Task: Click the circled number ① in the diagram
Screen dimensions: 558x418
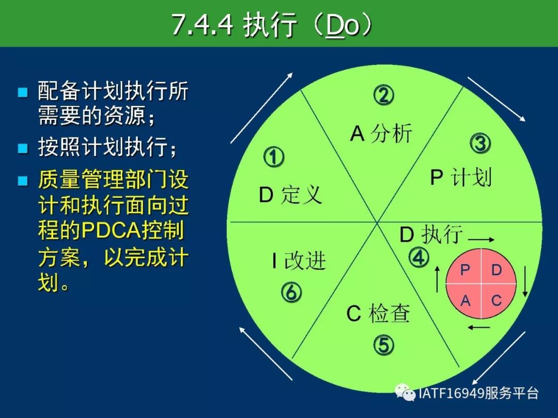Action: pos(274,157)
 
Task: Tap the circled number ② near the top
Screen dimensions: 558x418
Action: pos(383,95)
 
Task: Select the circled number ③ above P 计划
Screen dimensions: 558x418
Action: pos(480,144)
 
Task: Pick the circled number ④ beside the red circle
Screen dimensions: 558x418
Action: pos(419,257)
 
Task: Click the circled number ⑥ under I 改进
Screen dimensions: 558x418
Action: pos(291,292)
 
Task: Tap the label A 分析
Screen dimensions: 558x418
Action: pos(381,134)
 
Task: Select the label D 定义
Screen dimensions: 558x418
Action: pos(290,195)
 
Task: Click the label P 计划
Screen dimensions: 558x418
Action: pos(461,177)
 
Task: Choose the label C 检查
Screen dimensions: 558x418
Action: pos(378,313)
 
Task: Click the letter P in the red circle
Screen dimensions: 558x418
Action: pos(464,270)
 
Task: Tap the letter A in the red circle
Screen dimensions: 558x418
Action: pos(465,301)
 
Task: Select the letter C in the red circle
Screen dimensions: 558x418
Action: pos(497,301)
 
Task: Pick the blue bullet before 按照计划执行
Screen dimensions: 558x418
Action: pos(23,148)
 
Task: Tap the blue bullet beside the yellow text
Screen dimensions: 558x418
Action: pos(23,181)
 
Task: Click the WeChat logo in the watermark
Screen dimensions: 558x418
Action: pos(406,392)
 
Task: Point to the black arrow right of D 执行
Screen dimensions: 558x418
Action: pos(481,240)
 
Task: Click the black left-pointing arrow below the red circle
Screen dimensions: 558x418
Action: pos(478,327)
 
